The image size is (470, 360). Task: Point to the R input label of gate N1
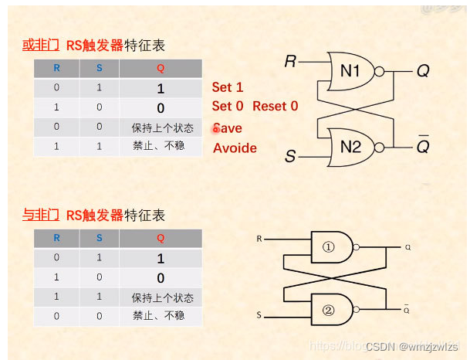[290, 61]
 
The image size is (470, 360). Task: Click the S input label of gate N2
[290, 157]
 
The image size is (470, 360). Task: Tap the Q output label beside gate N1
[423, 71]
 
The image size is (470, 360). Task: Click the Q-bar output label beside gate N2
[423, 145]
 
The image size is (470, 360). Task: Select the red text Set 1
[228, 87]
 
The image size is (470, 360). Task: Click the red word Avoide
[235, 148]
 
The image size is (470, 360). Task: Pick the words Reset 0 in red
[275, 107]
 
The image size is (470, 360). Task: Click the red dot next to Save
[217, 129]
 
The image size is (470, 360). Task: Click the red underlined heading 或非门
[41, 46]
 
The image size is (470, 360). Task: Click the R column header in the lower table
[56, 239]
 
